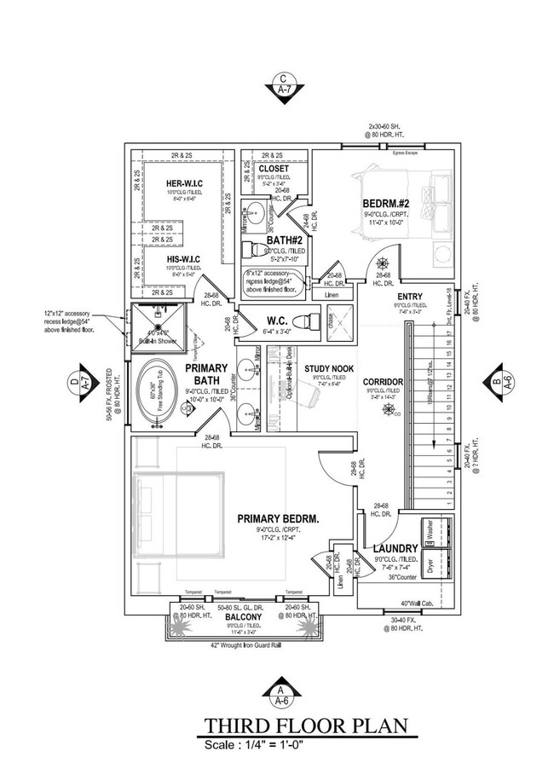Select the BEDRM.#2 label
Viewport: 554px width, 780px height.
(x=389, y=204)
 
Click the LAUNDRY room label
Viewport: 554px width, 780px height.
(x=395, y=547)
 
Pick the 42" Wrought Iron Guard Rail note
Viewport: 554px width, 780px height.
(x=245, y=646)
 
